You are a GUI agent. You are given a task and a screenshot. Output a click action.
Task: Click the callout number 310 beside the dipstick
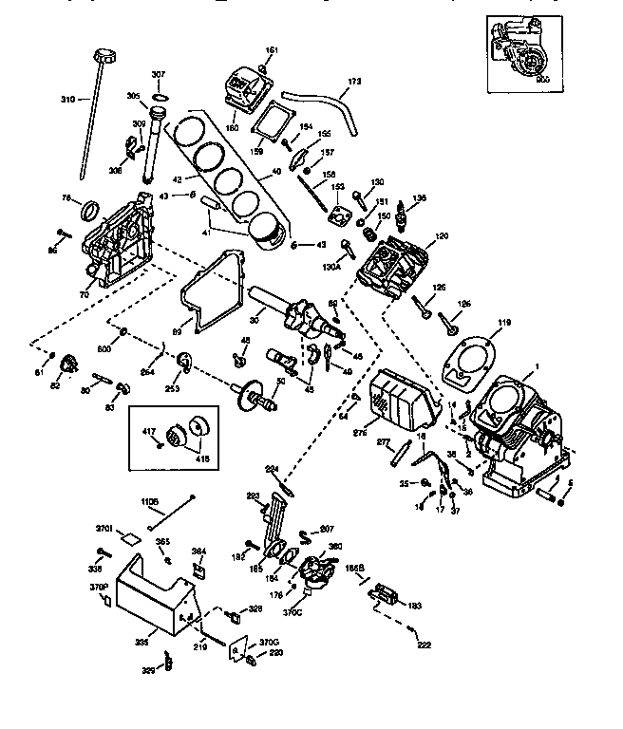[x=67, y=100]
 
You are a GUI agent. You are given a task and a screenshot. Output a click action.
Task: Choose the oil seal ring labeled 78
[x=92, y=209]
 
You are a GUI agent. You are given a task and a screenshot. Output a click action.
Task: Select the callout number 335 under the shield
[x=142, y=643]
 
